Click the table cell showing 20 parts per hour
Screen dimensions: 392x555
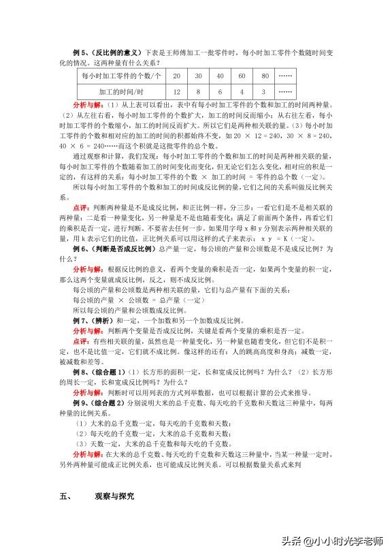pos(177,76)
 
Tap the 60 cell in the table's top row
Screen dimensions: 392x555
pos(242,76)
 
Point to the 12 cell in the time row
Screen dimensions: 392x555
pos(177,91)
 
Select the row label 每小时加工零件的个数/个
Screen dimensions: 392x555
pos(121,76)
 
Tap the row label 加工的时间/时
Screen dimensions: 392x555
pos(121,91)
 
